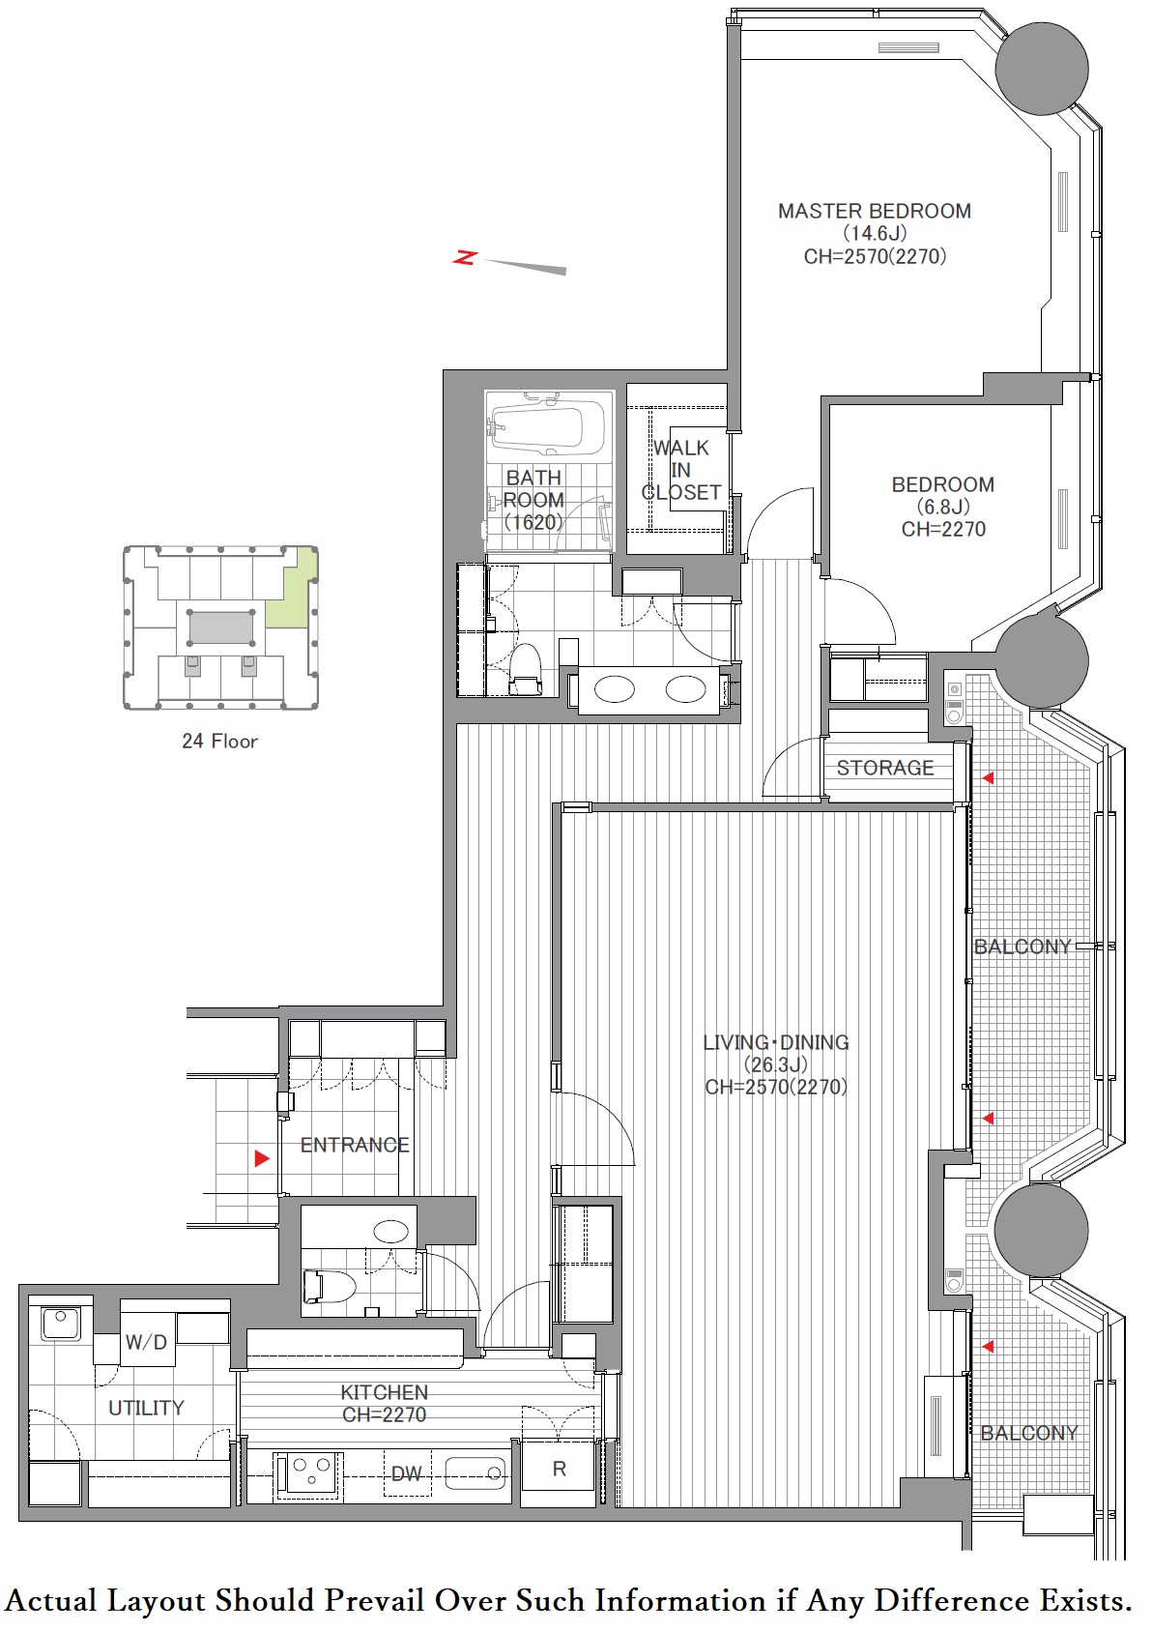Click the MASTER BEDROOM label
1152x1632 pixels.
(x=875, y=212)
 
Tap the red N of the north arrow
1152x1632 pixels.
(x=464, y=257)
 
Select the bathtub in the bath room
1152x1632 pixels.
(x=548, y=427)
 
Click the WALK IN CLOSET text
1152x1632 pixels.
(x=681, y=470)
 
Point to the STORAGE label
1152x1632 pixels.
(x=884, y=768)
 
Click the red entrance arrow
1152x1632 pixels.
(x=262, y=1157)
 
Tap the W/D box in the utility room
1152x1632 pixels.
(x=146, y=1341)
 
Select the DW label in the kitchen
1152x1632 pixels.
(x=406, y=1473)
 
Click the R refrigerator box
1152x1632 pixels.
(x=560, y=1469)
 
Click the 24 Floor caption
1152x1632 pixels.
(x=220, y=741)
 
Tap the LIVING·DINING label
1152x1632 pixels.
(x=776, y=1042)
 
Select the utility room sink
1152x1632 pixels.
(x=61, y=1318)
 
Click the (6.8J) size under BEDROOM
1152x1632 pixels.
(x=943, y=507)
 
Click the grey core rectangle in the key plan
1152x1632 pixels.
(x=220, y=627)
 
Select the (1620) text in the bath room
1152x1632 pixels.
(x=533, y=522)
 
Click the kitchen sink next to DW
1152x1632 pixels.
(x=475, y=1473)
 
